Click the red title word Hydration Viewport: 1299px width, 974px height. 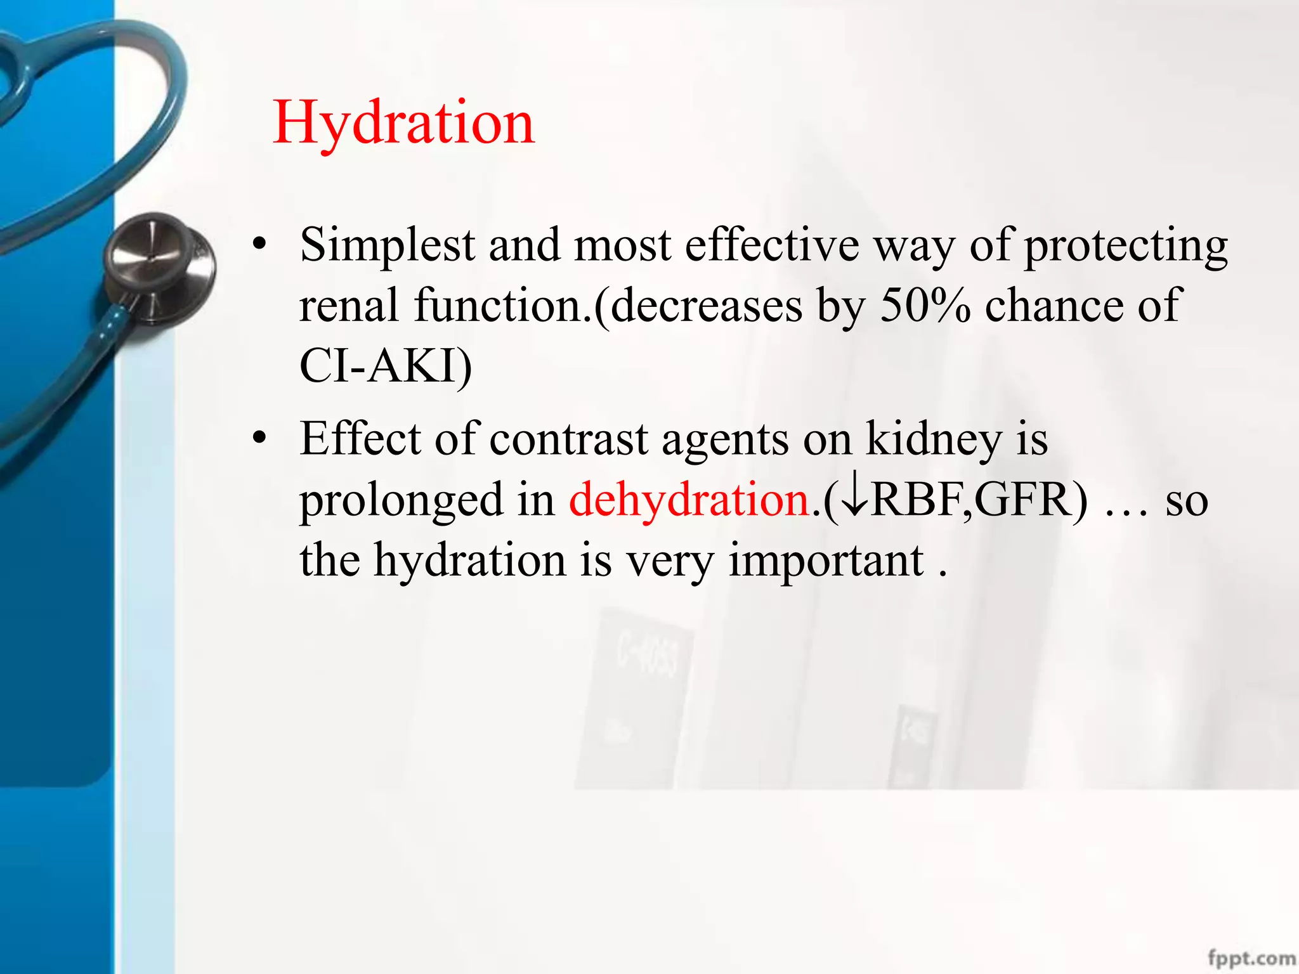pos(403,122)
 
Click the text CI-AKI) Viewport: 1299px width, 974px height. pos(386,366)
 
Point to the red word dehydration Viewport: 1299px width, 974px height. pos(689,500)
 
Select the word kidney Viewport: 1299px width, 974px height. pos(934,439)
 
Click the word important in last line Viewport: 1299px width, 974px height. pos(826,561)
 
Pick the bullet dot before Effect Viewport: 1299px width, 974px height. pos(258,439)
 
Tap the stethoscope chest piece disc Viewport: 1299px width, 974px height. pos(159,266)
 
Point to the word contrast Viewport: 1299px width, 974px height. pos(569,439)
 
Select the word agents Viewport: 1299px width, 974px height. pos(725,439)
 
